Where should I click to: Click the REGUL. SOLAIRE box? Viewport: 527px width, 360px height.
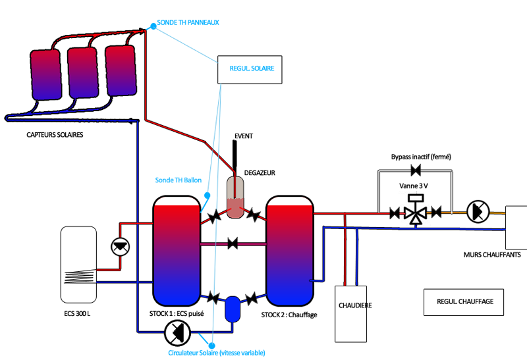250,68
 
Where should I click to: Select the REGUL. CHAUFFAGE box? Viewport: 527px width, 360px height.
464,302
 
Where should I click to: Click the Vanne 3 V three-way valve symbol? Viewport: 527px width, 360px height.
415,212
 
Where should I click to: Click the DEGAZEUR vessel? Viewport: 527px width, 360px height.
236,198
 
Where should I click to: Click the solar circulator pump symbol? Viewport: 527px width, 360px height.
176,333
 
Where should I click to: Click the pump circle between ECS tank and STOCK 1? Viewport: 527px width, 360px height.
120,246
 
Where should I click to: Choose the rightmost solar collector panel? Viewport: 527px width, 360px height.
121,69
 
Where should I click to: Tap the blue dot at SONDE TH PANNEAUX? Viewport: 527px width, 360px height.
153,26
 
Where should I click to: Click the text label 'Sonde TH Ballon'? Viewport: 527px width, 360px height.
178,180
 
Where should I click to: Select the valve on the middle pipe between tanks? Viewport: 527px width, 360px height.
232,244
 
